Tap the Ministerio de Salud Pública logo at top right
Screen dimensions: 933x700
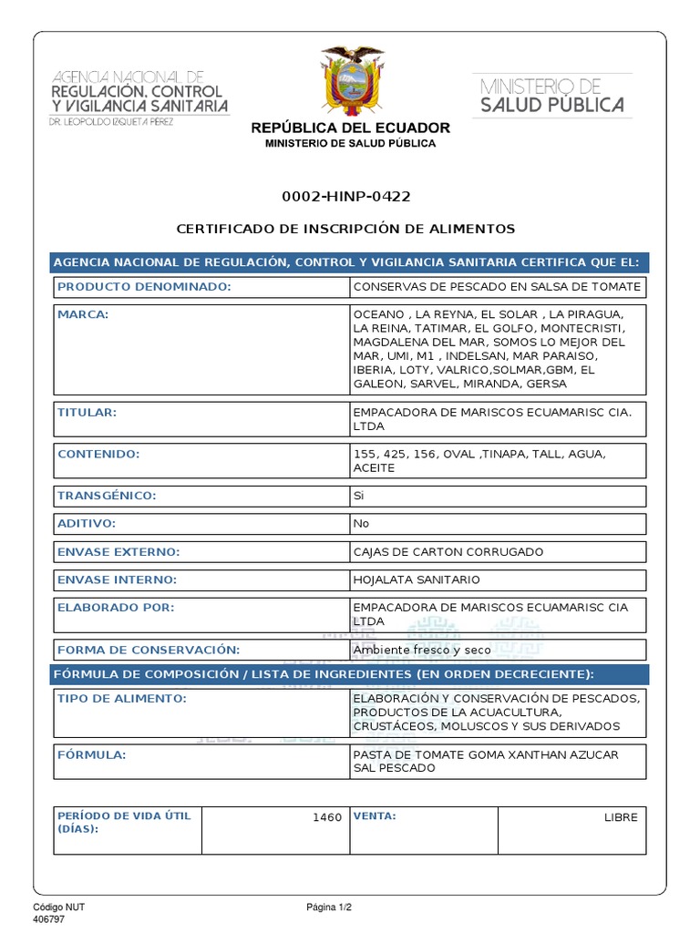(x=552, y=96)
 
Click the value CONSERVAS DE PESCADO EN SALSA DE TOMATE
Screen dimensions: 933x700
(x=497, y=287)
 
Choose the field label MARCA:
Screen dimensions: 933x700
(x=83, y=314)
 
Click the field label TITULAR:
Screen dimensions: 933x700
(x=87, y=413)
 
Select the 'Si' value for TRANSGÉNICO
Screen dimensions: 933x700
(x=358, y=496)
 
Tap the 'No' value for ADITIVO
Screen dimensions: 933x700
(x=360, y=524)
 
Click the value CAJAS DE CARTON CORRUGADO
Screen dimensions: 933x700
(x=448, y=552)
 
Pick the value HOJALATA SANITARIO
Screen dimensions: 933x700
(x=417, y=579)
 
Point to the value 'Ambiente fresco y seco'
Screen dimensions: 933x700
(x=422, y=650)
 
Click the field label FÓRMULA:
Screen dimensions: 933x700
(x=91, y=755)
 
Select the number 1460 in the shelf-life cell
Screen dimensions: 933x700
(x=327, y=817)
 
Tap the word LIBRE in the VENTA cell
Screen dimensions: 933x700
(x=621, y=817)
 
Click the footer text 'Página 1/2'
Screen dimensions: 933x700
(x=329, y=907)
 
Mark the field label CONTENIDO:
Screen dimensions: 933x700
(x=98, y=454)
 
